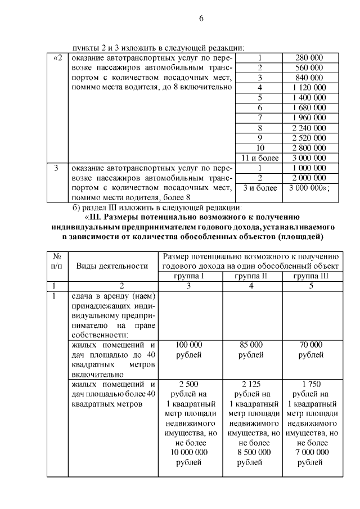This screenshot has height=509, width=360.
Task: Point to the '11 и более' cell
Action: pyautogui.click(x=260, y=157)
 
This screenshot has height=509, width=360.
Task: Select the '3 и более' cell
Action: pyautogui.click(x=260, y=188)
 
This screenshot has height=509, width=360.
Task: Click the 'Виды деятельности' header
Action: pyautogui.click(x=112, y=265)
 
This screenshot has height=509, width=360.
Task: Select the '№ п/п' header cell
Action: pyautogui.click(x=56, y=260)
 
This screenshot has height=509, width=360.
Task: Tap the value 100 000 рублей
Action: pyautogui.click(x=191, y=350)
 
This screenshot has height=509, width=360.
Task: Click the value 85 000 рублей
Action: pyautogui.click(x=251, y=350)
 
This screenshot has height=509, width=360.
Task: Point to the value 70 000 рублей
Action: pyautogui.click(x=311, y=350)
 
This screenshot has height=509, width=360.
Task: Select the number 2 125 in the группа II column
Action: pyautogui.click(x=251, y=384)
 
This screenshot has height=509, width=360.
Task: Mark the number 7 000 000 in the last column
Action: pyautogui.click(x=311, y=452)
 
